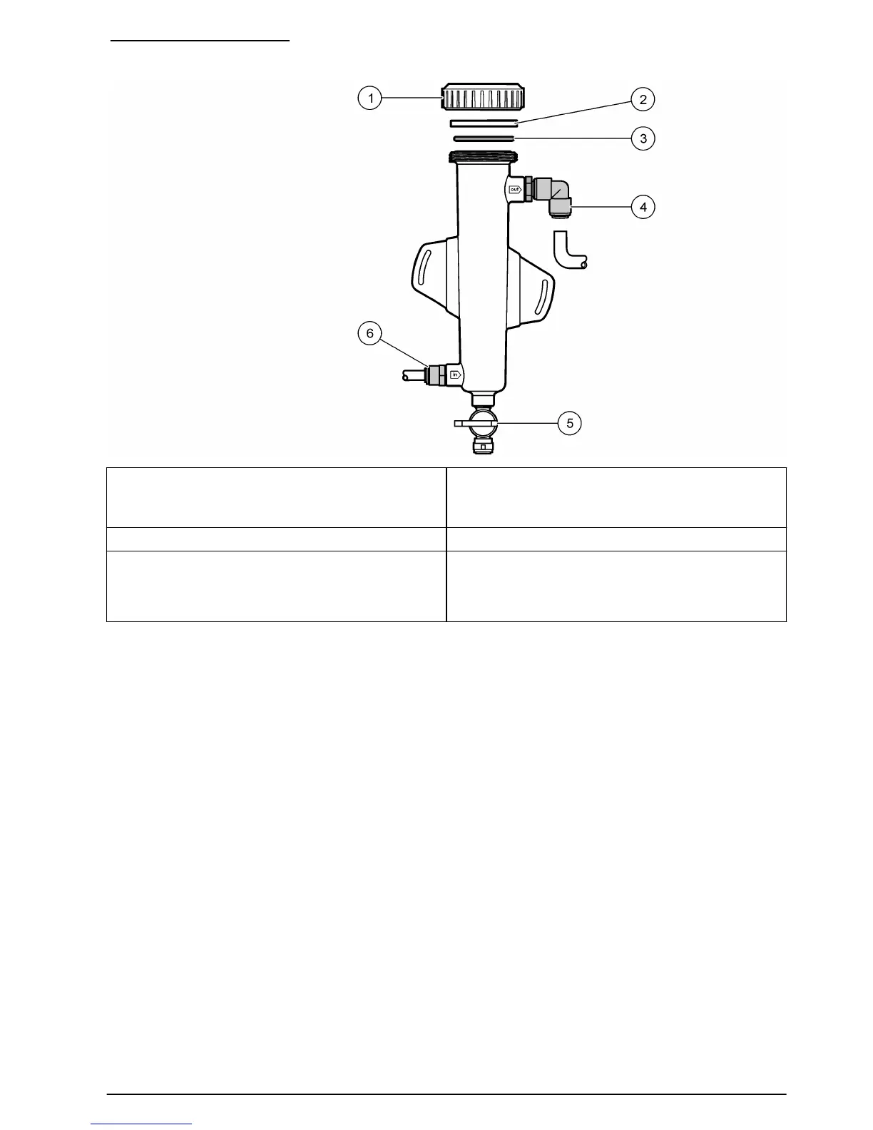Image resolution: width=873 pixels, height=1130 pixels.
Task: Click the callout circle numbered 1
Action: [369, 98]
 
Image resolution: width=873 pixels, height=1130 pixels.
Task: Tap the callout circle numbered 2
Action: [643, 99]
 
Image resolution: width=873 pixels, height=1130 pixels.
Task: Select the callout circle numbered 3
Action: [643, 138]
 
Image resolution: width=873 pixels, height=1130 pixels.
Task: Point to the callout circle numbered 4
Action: [643, 206]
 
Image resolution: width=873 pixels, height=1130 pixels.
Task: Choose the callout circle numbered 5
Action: [569, 423]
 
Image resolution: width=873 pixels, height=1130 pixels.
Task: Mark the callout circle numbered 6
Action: [369, 333]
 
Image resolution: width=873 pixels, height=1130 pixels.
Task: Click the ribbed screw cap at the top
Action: [482, 96]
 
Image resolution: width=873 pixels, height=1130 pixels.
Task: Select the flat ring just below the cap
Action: [484, 123]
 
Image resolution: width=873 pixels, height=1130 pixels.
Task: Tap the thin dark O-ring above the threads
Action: [484, 138]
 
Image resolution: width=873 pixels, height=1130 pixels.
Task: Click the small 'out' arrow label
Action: [515, 189]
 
